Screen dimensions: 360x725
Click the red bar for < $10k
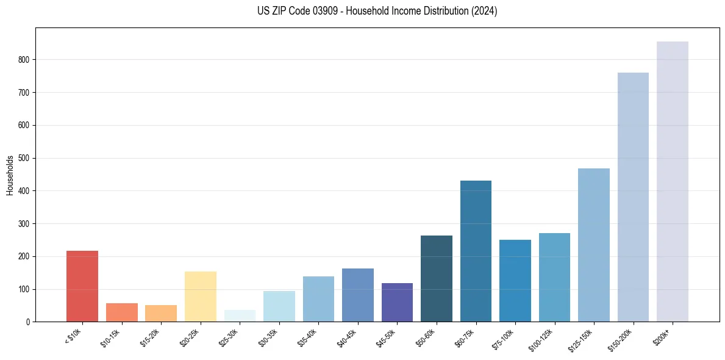point(82,286)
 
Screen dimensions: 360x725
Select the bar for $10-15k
point(121,312)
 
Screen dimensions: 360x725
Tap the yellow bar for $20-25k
point(200,297)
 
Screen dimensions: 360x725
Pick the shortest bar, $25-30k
point(240,316)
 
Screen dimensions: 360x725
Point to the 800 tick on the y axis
point(25,60)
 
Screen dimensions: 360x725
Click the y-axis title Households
point(10,175)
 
